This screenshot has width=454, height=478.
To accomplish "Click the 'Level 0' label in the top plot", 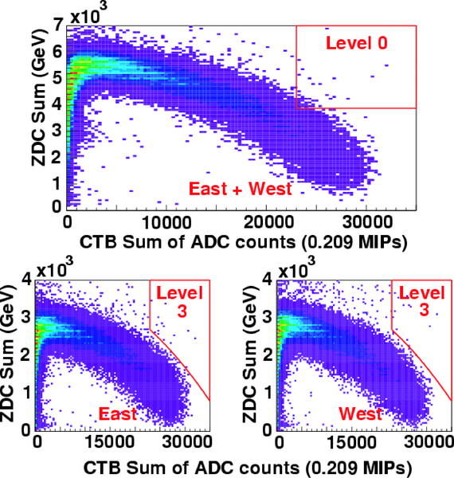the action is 357,43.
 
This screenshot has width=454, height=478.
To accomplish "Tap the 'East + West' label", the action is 241,188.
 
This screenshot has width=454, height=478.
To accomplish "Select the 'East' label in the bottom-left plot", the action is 118,413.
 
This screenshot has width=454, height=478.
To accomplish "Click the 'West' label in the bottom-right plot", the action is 360,413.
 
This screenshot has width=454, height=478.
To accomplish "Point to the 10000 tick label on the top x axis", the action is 166,222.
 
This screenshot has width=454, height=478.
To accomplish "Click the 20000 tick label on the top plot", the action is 268,222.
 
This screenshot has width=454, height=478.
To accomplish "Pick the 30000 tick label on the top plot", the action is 367,222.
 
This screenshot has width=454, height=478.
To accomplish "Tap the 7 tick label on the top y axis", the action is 57,26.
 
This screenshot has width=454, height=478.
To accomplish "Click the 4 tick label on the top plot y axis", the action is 57,104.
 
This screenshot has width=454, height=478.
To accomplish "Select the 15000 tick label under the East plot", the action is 109,441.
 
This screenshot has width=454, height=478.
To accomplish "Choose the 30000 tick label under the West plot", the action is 429,441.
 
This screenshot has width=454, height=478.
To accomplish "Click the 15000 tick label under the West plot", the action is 352,441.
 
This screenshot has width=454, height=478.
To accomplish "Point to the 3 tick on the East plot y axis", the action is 26,317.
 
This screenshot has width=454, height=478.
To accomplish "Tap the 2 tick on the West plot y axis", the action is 268,355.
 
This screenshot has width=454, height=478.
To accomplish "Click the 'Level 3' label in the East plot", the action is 180,302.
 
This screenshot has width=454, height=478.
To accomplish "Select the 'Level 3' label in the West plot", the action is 422,302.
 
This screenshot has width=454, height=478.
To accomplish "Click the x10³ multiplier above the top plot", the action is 88,14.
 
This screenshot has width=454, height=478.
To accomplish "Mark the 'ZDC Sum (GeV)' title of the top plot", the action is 40,97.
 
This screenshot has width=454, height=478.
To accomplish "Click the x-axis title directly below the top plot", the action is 244,242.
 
